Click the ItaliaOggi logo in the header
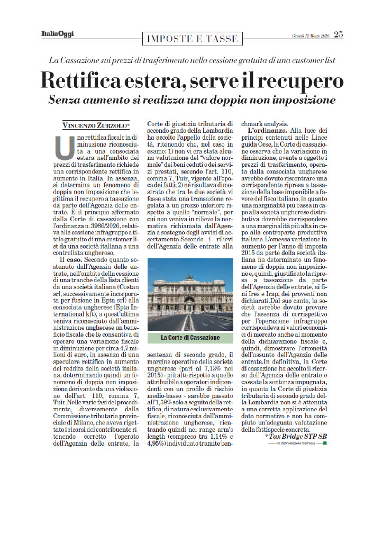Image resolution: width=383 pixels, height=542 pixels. click(58, 35)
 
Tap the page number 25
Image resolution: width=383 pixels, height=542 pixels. click(338, 35)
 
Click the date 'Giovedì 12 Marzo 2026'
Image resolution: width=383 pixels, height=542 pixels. click(311, 35)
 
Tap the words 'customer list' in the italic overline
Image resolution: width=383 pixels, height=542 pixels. click(309, 60)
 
